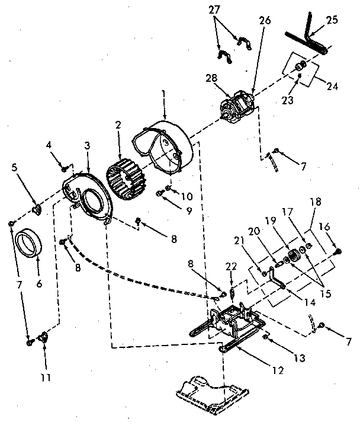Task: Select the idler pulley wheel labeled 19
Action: click(292, 257)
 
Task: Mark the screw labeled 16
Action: click(338, 252)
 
